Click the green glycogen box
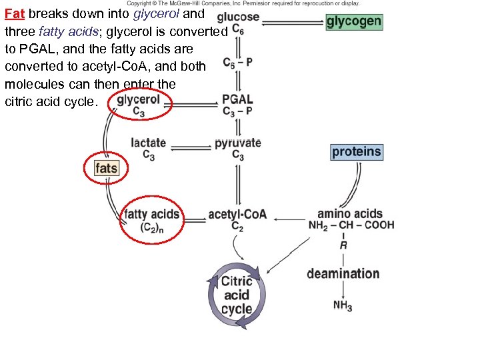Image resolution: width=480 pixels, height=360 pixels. pos(354,21)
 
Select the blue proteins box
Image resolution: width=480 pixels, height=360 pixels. pos(357,152)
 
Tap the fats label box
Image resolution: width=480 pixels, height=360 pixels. pos(106,168)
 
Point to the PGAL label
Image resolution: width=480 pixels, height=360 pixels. pos(237,99)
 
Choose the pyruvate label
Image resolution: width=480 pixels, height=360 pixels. pos(237,143)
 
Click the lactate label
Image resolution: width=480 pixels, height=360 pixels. pos(148,143)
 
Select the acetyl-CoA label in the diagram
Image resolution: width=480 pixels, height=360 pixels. pos(237,215)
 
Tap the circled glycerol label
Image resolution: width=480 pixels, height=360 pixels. pos(139,100)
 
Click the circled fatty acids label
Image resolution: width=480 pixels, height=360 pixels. pos(152,215)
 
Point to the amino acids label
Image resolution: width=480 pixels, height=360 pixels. pos(350,214)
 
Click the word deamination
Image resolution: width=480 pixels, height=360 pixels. pos(343,273)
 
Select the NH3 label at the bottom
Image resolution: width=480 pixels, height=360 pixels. pos(343,305)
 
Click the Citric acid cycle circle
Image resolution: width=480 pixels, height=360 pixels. pos(237,295)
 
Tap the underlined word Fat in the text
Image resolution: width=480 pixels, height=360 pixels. pos(14,13)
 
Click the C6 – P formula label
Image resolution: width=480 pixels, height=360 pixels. pos(237,63)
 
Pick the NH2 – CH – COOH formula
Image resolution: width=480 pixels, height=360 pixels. pos(351,225)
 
